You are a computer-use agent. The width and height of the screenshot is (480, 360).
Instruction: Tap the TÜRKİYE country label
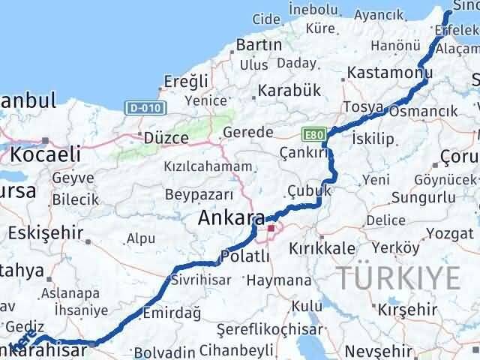(397, 277)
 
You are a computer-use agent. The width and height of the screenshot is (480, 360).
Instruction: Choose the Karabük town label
(289, 90)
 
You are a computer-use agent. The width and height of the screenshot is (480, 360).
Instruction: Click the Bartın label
(259, 45)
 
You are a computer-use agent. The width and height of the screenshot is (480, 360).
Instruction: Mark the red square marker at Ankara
(271, 226)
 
